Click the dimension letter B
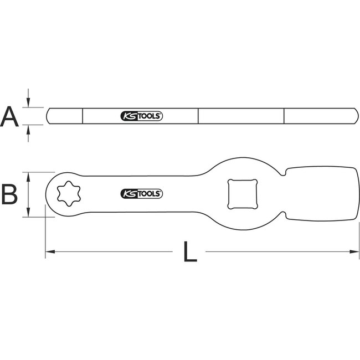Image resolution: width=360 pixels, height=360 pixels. (11, 194)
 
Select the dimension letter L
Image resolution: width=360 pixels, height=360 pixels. (190, 253)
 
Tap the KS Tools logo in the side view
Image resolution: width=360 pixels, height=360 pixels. (141, 116)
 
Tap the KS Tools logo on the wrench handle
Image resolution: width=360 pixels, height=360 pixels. (141, 193)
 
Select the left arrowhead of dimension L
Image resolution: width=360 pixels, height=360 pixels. (49, 253)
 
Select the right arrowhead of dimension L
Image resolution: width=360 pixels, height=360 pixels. (354, 253)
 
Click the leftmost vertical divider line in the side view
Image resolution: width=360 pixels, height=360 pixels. (83, 116)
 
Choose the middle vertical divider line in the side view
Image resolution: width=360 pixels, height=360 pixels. (198, 116)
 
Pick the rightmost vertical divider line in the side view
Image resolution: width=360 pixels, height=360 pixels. (284, 116)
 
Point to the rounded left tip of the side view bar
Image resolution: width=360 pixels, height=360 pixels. (49, 116)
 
